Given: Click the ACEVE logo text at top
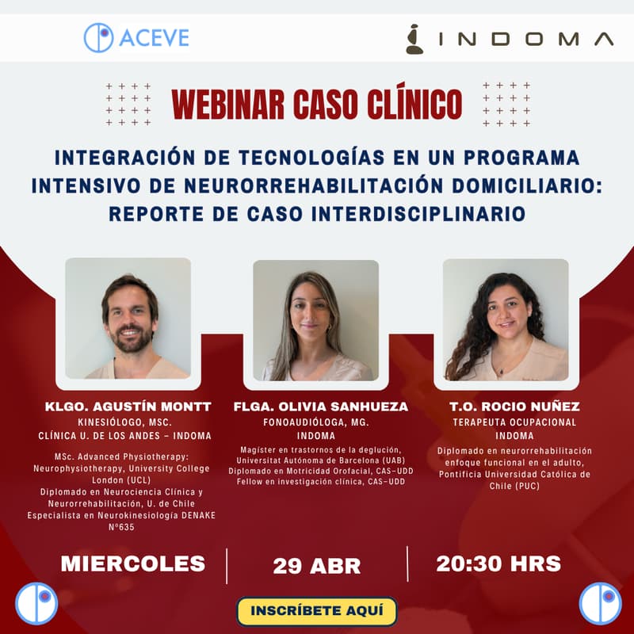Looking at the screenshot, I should click(155, 38).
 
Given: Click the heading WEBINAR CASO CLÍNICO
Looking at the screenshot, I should click(317, 103).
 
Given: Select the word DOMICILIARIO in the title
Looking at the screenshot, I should click(520, 185).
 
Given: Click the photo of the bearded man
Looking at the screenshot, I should click(128, 319).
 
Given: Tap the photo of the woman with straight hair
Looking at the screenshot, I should click(315, 320).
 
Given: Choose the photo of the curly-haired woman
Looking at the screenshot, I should click(505, 320).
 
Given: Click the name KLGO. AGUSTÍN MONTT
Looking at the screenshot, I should click(128, 407).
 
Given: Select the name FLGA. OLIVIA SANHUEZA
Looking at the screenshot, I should click(321, 407).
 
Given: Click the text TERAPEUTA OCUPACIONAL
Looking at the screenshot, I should click(514, 422).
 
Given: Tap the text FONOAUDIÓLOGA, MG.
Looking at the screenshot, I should click(316, 422).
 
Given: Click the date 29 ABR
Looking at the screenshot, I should click(317, 566).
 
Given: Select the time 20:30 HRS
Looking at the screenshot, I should click(498, 564).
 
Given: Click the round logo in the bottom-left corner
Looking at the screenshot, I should click(36, 603).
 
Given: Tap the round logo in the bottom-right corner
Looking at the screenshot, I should click(600, 603).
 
